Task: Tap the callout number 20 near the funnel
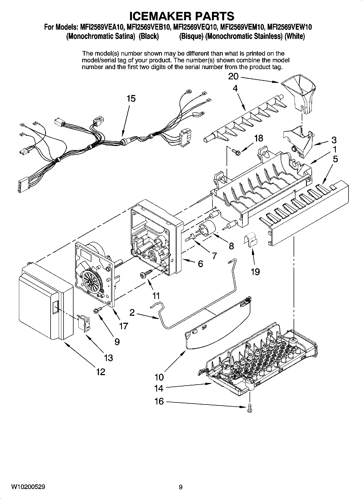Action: (233, 77)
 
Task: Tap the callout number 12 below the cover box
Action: (101, 372)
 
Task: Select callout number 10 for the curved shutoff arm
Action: (159, 377)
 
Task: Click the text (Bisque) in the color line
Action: (191, 36)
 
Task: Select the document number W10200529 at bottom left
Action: (28, 487)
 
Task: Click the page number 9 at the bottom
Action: (181, 487)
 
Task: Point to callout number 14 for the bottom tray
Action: (159, 388)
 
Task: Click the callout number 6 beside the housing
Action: (200, 264)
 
